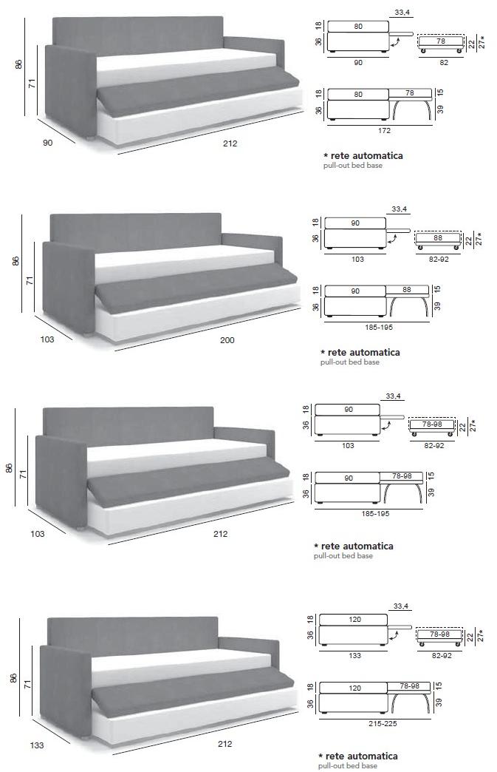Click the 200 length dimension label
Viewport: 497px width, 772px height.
[227, 339]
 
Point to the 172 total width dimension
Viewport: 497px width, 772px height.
[384, 130]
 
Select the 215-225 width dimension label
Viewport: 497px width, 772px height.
[383, 724]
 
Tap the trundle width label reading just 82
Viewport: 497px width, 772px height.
[444, 63]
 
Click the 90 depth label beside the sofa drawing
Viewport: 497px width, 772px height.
[48, 143]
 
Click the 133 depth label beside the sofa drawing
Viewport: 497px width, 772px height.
[37, 745]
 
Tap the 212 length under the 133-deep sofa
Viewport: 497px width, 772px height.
[224, 744]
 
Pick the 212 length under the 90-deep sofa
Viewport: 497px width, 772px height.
[230, 143]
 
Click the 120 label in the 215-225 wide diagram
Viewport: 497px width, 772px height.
[354, 688]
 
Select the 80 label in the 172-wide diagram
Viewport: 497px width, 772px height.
[358, 94]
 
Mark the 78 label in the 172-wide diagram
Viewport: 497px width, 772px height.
[410, 92]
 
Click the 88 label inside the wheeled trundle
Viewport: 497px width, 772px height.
[437, 238]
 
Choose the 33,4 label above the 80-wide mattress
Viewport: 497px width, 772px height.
[402, 13]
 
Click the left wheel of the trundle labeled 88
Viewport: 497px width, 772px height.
[420, 247]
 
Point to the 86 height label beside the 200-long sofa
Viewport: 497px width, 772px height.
[15, 261]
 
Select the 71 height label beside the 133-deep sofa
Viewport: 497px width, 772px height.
[27, 684]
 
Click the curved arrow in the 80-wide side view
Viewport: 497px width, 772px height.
[394, 44]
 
